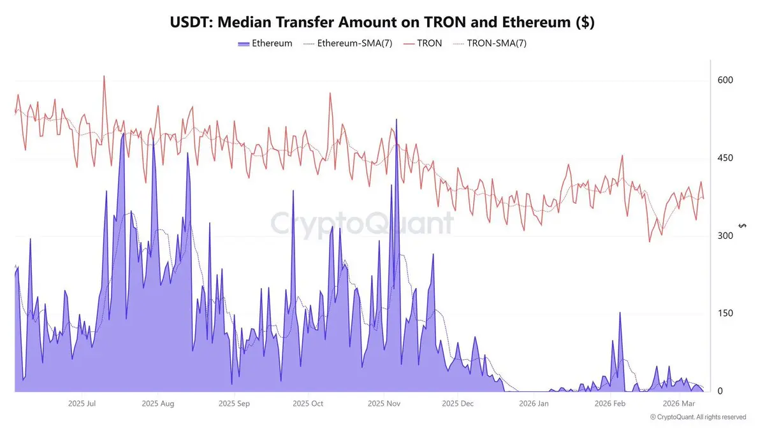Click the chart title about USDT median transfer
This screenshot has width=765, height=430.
click(x=382, y=22)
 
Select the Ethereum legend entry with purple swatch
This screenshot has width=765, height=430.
click(x=265, y=43)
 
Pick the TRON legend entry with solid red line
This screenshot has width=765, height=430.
click(x=424, y=43)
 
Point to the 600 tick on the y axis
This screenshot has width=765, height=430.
click(x=725, y=80)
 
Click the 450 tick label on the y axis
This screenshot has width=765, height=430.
click(x=725, y=158)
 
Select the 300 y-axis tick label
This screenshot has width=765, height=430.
click(x=725, y=236)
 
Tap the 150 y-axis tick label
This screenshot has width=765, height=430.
click(x=725, y=313)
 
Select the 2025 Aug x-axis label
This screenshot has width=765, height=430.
click(x=158, y=403)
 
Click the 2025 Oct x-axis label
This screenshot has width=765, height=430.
click(x=309, y=403)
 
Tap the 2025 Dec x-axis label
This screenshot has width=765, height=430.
click(x=458, y=403)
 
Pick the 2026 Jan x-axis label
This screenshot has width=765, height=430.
click(x=534, y=403)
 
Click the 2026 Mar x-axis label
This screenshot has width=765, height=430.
click(x=680, y=403)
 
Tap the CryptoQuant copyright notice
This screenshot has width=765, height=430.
click(x=698, y=417)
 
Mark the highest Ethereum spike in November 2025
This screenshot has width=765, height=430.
click(x=397, y=120)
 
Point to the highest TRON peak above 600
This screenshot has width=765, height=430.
click(x=104, y=76)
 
